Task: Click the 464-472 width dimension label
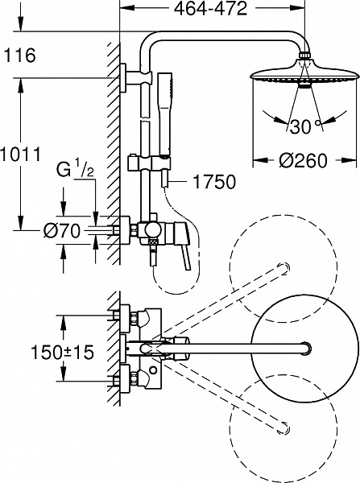click(x=210, y=9)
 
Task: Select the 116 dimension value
click(x=19, y=56)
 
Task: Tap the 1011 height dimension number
click(x=20, y=154)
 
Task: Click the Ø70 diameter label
click(x=62, y=230)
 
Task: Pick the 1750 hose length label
click(x=214, y=182)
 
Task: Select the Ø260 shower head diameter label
click(x=303, y=160)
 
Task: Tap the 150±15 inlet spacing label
click(x=62, y=352)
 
